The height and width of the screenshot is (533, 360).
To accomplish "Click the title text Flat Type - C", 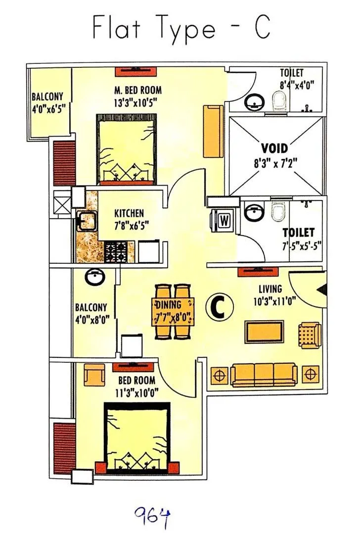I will pyautogui.click(x=181, y=28).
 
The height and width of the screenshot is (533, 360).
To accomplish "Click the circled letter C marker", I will pyautogui.click(x=219, y=307).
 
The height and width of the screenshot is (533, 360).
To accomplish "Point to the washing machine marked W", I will pyautogui.click(x=223, y=221).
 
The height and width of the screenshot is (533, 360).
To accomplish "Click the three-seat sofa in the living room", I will pyautogui.click(x=264, y=375).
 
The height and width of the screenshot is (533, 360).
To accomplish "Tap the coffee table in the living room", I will pyautogui.click(x=265, y=332).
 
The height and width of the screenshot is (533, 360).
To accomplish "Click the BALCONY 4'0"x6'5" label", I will pyautogui.click(x=47, y=101).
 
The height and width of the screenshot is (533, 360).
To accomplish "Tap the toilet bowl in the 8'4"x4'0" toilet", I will pyautogui.click(x=280, y=102).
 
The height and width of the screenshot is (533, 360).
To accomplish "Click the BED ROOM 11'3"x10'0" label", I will pyautogui.click(x=137, y=386).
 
